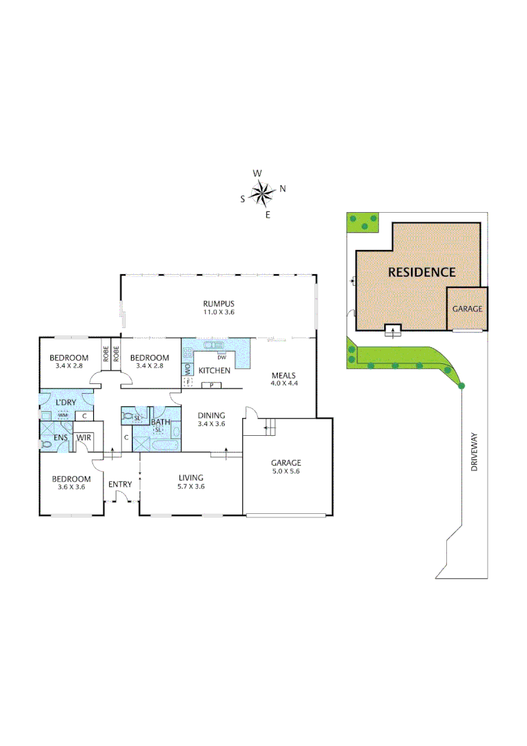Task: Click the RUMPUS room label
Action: pos(219,304)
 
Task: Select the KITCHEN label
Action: pos(214,371)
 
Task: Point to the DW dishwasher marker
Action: pos(221,357)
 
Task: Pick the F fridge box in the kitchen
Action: pos(187,381)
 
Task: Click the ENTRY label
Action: pos(120,484)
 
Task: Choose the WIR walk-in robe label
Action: pos(84,437)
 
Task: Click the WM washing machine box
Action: pos(62,415)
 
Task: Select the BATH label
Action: pos(161,422)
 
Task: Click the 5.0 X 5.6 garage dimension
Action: pos(286,471)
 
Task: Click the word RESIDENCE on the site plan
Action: pos(421,272)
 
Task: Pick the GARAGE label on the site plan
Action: pos(467,309)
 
